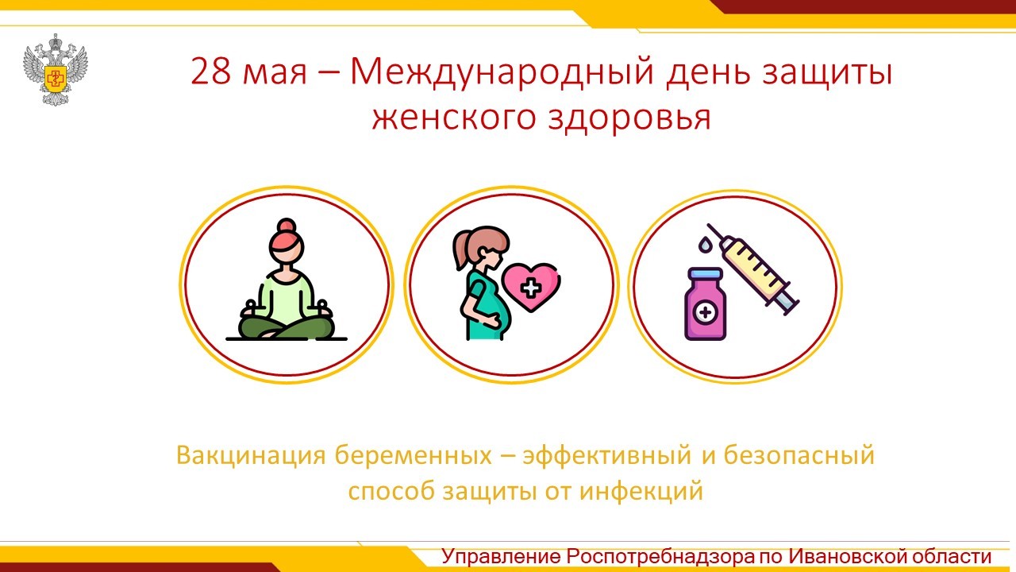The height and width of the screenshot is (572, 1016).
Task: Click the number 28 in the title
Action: tap(210, 72)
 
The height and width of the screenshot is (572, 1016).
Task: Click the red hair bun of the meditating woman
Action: tap(287, 226)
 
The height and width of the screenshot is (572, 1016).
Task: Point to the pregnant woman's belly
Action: tap(499, 313)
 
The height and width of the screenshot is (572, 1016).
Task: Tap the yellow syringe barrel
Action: tap(754, 268)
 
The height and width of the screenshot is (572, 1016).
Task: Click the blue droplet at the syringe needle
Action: tap(703, 244)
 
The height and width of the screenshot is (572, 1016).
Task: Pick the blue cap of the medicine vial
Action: tap(706, 274)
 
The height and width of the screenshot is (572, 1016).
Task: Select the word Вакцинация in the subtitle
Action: tap(251, 455)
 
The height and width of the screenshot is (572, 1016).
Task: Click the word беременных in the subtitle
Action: tap(414, 455)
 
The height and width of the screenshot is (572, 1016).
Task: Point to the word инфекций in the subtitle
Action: tap(641, 491)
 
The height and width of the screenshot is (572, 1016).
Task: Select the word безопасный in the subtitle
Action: tap(799, 455)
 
